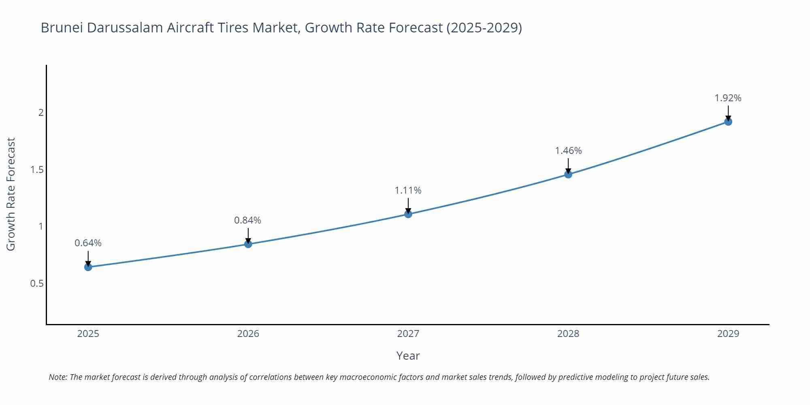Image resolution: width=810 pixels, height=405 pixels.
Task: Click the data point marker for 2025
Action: [x=88, y=267]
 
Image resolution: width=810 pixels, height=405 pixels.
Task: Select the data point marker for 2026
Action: [x=248, y=244]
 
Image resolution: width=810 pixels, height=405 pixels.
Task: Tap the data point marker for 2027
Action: [x=408, y=214]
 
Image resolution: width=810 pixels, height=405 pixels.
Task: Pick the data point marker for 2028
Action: [x=568, y=174]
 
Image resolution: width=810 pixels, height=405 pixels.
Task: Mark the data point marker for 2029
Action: [x=728, y=122]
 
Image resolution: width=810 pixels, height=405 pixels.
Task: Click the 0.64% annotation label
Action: [x=88, y=243]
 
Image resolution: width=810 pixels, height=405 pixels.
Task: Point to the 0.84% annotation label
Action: [x=247, y=220]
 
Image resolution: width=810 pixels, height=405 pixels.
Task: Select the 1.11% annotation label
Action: [x=408, y=190]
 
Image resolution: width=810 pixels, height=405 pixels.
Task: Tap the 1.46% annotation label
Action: [x=568, y=151]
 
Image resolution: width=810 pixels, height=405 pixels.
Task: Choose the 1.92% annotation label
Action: [x=728, y=98]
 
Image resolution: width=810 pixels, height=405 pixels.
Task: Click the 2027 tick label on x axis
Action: [x=408, y=334]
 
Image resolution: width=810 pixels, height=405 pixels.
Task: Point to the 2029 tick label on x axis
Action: [x=728, y=334]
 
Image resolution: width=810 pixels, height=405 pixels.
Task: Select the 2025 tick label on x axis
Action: [x=88, y=334]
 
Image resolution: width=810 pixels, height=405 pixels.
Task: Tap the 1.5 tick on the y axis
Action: [x=37, y=170]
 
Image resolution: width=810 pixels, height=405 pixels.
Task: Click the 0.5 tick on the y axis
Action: [x=37, y=283]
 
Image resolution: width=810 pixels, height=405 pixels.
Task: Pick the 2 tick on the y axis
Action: [x=41, y=113]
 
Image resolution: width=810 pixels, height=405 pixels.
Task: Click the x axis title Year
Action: [x=408, y=356]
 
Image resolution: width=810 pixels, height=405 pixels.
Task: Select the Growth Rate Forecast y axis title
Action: [x=11, y=194]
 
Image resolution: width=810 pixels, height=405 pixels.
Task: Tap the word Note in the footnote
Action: [x=58, y=377]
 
